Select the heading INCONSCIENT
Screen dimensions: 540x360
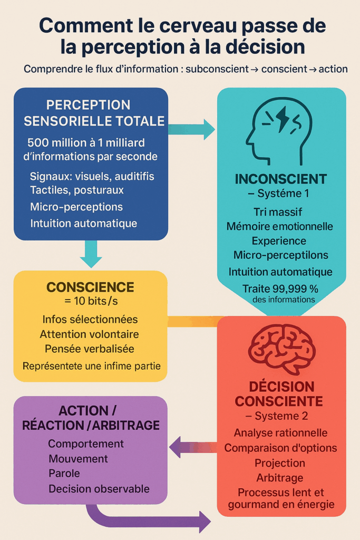click(x=281, y=179)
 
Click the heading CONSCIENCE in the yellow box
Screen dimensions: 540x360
click(x=90, y=287)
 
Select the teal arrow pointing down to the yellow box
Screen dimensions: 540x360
click(x=91, y=254)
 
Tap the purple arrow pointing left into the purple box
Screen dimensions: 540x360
click(x=192, y=448)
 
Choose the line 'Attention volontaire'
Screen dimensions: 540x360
click(x=90, y=334)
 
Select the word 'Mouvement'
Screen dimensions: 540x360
click(x=78, y=458)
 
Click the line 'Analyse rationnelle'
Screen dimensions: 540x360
click(x=280, y=432)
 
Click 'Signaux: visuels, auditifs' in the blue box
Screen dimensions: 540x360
click(x=92, y=176)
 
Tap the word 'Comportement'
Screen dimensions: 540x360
click(x=86, y=443)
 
